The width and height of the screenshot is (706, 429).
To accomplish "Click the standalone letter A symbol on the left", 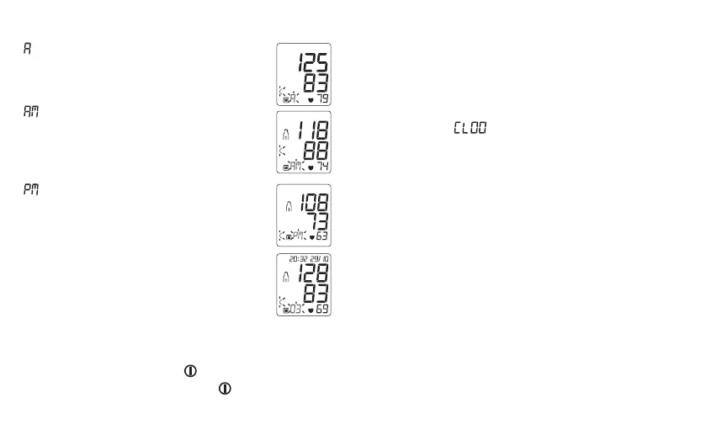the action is point(27,50).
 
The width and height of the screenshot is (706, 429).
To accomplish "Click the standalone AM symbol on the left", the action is point(30,111).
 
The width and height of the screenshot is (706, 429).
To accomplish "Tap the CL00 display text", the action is point(470,128).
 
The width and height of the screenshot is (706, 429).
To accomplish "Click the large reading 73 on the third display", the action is point(316,223).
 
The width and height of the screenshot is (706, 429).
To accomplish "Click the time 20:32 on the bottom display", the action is point(290,259).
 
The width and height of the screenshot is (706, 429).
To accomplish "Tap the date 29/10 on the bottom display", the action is point(317,259).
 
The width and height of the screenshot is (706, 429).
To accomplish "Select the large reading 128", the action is point(313,273).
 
